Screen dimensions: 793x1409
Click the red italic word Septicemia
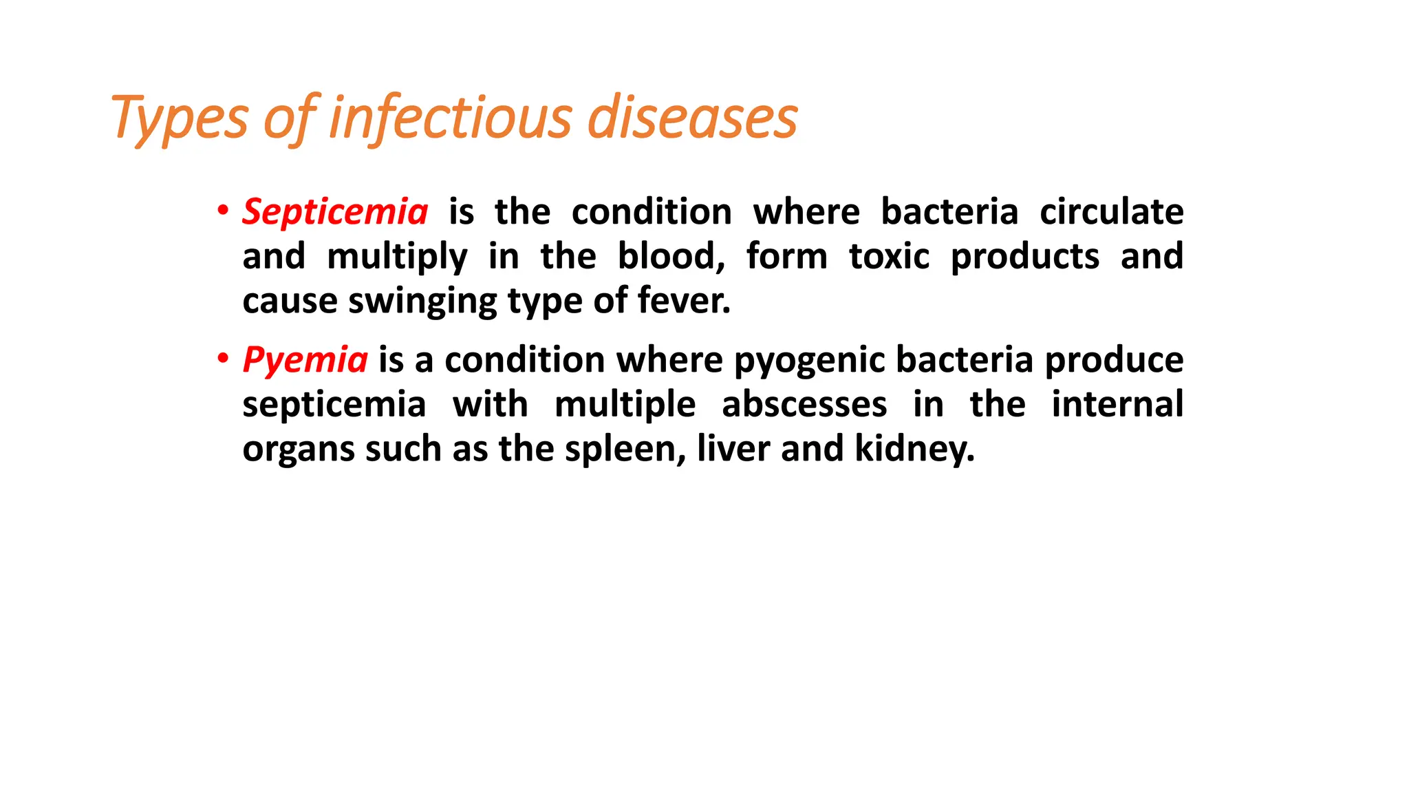coord(335,212)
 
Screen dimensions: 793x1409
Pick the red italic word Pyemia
coord(305,360)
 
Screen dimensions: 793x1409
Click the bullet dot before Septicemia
coord(222,210)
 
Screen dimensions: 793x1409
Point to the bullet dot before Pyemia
coord(222,358)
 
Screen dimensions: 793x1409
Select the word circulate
coord(1111,212)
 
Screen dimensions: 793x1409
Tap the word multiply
coord(397,257)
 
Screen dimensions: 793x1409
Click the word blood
coord(671,256)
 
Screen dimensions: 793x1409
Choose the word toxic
coord(889,256)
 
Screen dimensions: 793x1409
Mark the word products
coord(1024,257)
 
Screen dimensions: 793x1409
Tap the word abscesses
coord(804,404)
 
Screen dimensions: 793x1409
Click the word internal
coord(1117,404)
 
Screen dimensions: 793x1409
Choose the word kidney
coord(914,450)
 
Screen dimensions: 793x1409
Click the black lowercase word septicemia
coord(334,405)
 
